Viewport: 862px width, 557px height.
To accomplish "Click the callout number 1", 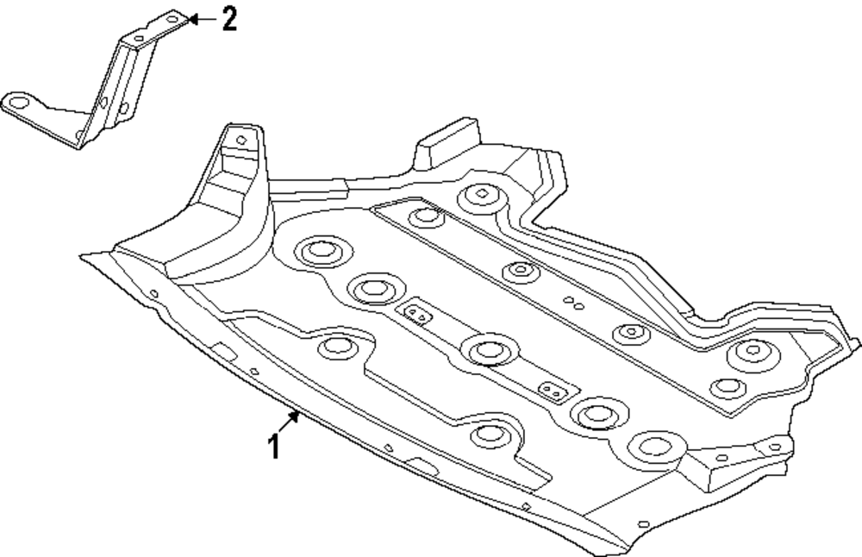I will (x=274, y=446).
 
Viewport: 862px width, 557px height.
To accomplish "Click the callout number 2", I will (x=228, y=18).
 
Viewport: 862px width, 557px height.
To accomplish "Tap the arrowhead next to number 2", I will (x=193, y=18).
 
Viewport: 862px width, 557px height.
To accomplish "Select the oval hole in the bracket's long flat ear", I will (x=17, y=102).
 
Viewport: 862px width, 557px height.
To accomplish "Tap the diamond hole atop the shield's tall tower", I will (x=239, y=135).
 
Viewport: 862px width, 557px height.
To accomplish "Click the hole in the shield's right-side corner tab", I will (x=773, y=447).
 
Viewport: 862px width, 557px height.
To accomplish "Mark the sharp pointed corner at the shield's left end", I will (x=81, y=255).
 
